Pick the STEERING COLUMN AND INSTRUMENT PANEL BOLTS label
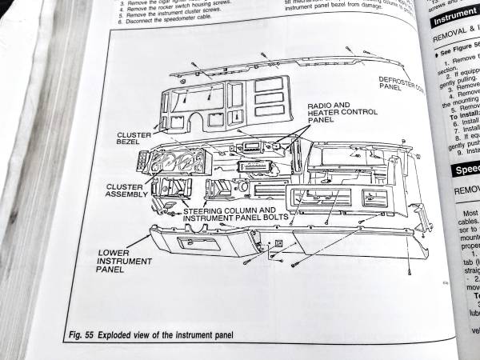point(233,216)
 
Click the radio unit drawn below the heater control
point(251,166)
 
